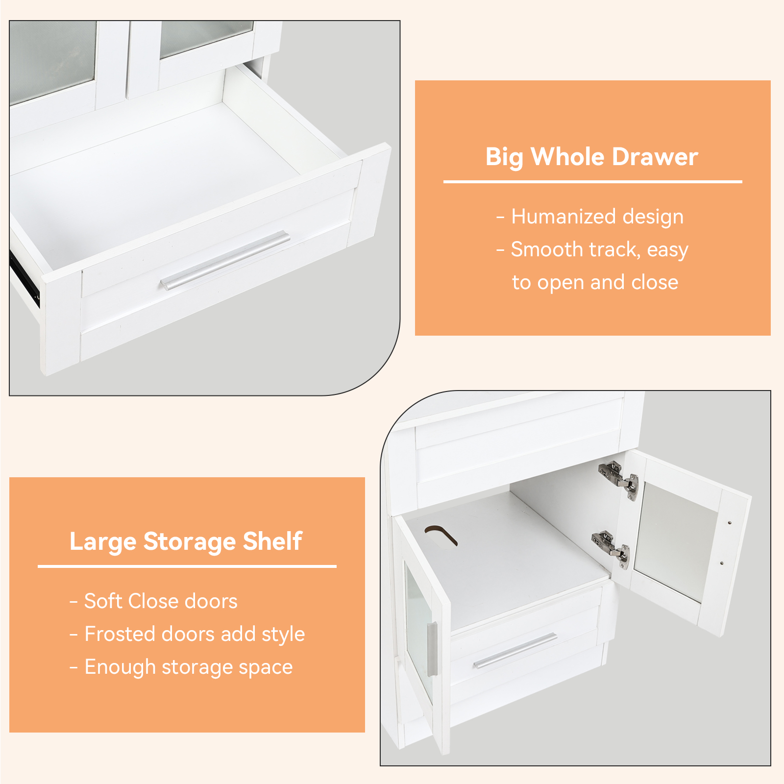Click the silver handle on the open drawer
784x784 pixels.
click(x=225, y=260)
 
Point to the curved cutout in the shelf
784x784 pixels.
click(x=441, y=535)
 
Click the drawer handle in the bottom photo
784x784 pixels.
click(x=515, y=651)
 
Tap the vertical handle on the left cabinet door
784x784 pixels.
click(x=432, y=649)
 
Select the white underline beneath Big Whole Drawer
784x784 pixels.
click(x=593, y=182)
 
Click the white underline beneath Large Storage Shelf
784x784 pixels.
click(x=187, y=566)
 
